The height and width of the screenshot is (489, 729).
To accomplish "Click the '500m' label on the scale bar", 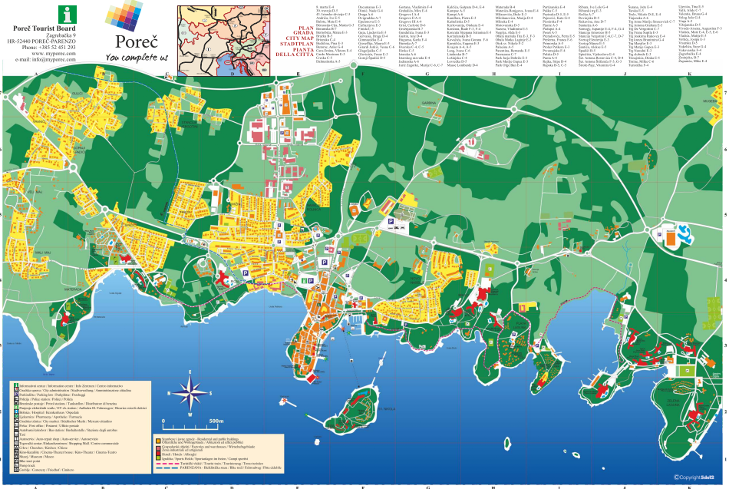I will (216, 421).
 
